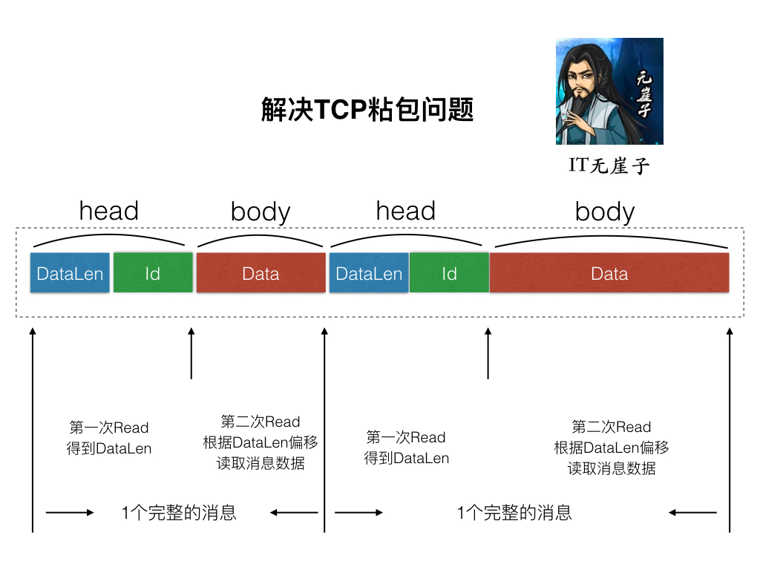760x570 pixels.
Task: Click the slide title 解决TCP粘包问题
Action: (x=367, y=110)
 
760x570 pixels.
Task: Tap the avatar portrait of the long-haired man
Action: (x=609, y=91)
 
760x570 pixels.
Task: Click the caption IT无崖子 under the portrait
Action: (x=609, y=166)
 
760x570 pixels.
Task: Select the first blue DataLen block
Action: (x=70, y=273)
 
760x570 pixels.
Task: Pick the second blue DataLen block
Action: (x=369, y=273)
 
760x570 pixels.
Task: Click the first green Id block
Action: (x=153, y=273)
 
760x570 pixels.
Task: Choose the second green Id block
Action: (x=449, y=273)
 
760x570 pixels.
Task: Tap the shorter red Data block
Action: (x=261, y=273)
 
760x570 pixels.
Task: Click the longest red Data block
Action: (x=609, y=273)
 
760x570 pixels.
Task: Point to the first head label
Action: (x=109, y=211)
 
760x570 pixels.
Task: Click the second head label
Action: (x=405, y=211)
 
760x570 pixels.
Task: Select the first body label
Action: (x=261, y=212)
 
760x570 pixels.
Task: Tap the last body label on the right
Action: (x=605, y=212)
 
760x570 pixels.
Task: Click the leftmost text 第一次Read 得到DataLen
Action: (x=109, y=438)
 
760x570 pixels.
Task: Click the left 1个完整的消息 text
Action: (x=179, y=512)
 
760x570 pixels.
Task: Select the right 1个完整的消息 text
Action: (x=514, y=512)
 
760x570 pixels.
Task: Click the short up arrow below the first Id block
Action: (x=191, y=355)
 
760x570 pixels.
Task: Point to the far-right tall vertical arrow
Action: (x=730, y=430)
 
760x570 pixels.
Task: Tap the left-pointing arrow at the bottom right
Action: (x=692, y=512)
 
